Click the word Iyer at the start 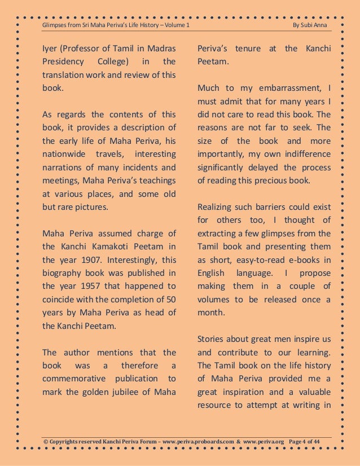click(x=50, y=50)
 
